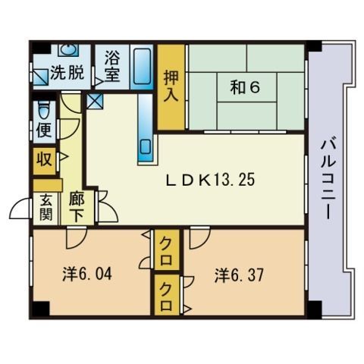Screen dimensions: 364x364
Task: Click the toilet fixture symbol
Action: coord(44,110)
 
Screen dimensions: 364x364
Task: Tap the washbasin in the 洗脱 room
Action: coord(68,50)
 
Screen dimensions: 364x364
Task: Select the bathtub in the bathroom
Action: coord(142,67)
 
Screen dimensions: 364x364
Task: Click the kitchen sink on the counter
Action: coord(145,147)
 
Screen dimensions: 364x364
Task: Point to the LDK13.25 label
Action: coord(210,180)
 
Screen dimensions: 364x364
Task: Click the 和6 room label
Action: coord(245,88)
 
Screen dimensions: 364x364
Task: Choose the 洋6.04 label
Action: coord(87,274)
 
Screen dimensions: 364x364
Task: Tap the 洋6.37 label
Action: coord(239,275)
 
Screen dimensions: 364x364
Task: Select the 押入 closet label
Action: coord(171,86)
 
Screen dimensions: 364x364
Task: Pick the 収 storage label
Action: coord(44,159)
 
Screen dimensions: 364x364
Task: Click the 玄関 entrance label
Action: coord(45,207)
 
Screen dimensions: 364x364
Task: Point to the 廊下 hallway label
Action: coord(77,207)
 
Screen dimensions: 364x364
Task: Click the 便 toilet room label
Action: coord(44,130)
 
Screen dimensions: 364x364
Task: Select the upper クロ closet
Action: coord(167,249)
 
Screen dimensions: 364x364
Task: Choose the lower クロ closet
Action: coord(167,295)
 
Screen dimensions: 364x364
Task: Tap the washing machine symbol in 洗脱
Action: coord(40,77)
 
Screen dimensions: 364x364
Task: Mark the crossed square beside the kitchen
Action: coord(95,101)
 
